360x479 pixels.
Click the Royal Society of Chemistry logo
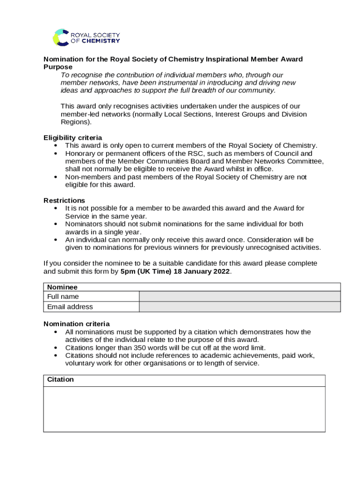[86, 37]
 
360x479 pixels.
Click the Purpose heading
[58, 67]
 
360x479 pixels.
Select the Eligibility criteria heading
[72, 138]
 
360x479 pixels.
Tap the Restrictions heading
[64, 200]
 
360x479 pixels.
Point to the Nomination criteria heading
[77, 324]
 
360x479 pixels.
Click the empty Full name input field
[240, 296]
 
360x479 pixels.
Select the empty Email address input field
[240, 306]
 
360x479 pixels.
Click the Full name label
[63, 297]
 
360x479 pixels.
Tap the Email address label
[70, 307]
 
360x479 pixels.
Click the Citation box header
[60, 379]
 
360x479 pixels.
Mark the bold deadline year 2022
[220, 271]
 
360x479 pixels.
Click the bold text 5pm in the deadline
[128, 271]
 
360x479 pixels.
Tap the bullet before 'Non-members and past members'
[56, 177]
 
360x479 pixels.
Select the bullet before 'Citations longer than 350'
[56, 348]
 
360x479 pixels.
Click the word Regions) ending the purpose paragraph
[76, 122]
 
